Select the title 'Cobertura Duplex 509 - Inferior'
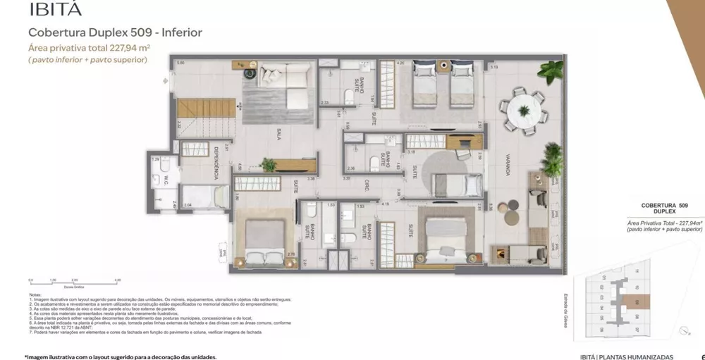pos(115,32)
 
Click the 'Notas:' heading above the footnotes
pos(35,294)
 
